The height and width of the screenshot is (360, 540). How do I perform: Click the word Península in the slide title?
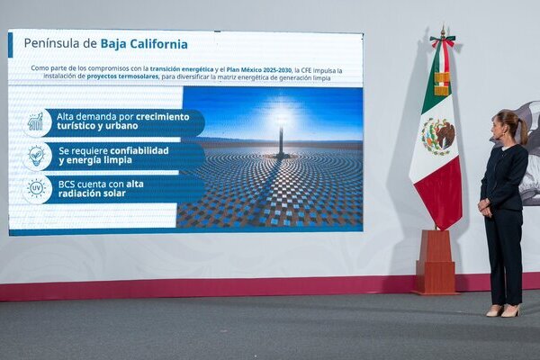52,43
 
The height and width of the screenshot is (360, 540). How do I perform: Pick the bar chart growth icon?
36,121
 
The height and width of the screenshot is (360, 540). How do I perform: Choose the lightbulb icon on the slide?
36,156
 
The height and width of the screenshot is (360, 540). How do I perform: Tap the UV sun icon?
36,188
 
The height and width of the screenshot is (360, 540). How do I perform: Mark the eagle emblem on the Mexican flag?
438,136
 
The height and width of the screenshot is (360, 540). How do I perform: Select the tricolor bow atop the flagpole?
442,40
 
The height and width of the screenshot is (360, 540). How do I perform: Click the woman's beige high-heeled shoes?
502,311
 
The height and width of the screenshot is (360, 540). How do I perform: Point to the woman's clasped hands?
485,208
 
